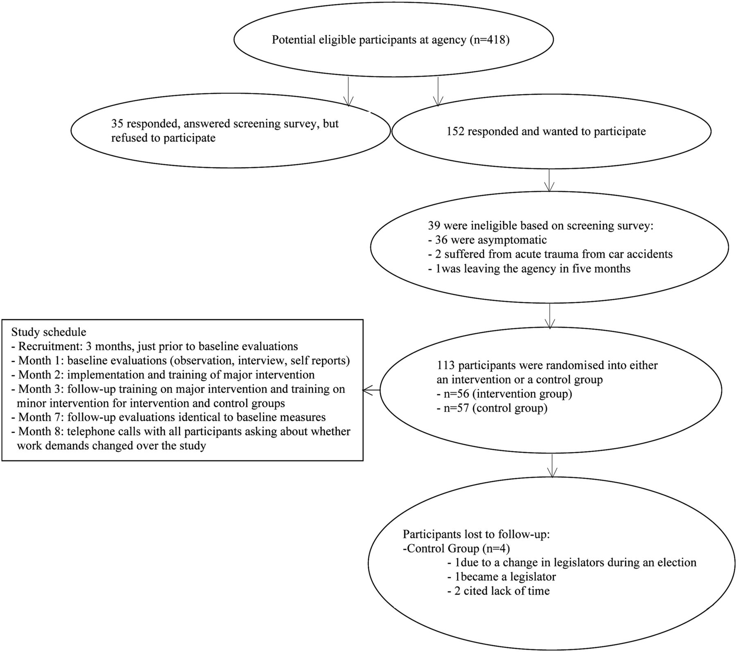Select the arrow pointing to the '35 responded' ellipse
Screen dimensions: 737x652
point(348,91)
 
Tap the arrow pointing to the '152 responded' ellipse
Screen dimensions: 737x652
point(438,91)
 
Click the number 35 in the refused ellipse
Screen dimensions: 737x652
point(118,123)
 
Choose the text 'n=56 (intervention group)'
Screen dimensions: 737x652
point(504,394)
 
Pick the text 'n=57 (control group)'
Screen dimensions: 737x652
point(491,409)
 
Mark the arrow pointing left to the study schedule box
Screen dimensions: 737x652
point(371,391)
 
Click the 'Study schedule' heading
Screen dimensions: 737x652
point(49,332)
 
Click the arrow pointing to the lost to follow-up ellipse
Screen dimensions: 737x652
point(553,466)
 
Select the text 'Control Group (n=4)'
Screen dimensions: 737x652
point(458,548)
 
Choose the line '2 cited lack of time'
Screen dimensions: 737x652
point(499,591)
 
